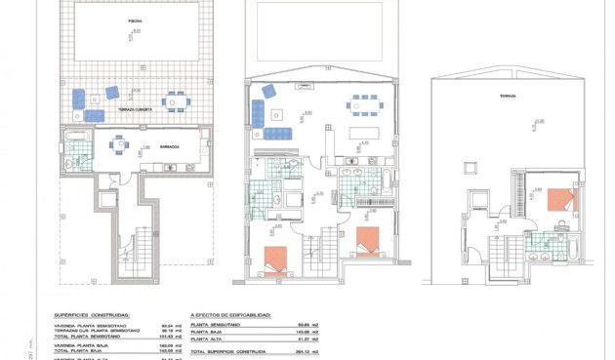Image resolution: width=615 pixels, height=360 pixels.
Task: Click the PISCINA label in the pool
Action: coord(134,20)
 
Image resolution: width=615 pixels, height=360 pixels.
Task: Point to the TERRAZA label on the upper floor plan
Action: coord(508,97)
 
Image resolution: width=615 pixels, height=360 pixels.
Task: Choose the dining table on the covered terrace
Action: coord(175,100)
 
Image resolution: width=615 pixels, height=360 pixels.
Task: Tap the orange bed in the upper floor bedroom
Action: coord(561,200)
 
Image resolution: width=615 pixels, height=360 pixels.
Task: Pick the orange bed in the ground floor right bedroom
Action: coord(368,239)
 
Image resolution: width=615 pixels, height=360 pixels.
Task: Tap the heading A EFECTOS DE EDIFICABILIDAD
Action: coord(231,316)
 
